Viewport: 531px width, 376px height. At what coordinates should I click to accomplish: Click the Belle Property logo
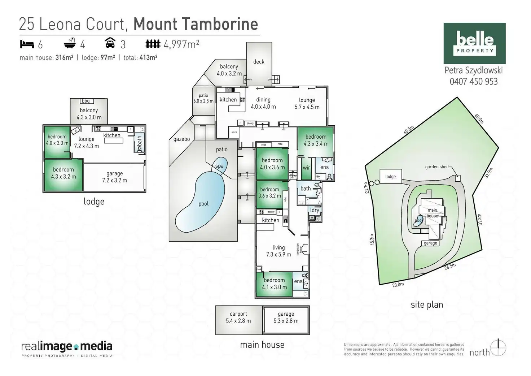(x=474, y=43)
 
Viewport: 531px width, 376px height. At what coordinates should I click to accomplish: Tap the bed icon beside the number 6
(x=27, y=44)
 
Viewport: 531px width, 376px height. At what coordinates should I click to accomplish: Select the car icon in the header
(x=110, y=43)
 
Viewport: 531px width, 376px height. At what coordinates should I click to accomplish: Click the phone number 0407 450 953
(x=473, y=82)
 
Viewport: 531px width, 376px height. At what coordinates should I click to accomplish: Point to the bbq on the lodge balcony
(x=85, y=101)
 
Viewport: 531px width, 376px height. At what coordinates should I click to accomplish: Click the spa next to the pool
(x=219, y=166)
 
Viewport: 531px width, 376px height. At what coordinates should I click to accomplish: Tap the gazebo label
(x=181, y=139)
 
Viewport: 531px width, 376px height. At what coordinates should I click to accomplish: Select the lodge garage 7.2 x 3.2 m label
(x=114, y=177)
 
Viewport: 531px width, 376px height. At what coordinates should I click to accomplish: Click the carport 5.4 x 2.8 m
(x=238, y=317)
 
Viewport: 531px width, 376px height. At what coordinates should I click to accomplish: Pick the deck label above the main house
(x=259, y=62)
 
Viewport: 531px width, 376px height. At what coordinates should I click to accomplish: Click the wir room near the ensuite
(x=306, y=168)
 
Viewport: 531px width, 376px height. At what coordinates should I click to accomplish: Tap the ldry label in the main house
(x=315, y=210)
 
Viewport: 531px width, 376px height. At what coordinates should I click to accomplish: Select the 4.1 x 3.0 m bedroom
(x=274, y=284)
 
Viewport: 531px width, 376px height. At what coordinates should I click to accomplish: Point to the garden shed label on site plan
(x=436, y=167)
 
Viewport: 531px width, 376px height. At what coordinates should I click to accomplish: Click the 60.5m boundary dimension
(x=408, y=130)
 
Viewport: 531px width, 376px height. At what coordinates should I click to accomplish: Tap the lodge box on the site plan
(x=390, y=177)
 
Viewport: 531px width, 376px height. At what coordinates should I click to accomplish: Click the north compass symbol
(x=499, y=348)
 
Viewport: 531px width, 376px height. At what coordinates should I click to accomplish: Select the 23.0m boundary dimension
(x=398, y=285)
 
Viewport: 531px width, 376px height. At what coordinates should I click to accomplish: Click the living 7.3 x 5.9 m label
(x=278, y=251)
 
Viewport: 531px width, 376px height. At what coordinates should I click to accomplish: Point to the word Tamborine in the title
(x=222, y=24)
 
